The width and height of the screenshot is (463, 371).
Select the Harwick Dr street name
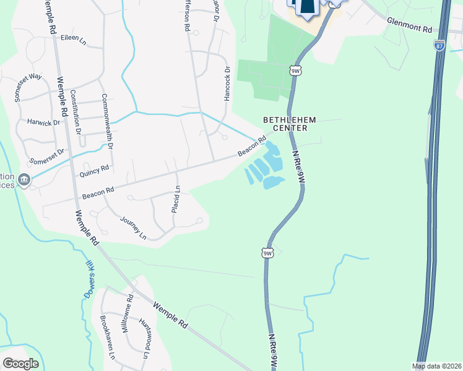[x=43, y=122]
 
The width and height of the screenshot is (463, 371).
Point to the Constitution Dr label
[x=75, y=112]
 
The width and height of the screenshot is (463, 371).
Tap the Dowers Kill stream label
[x=88, y=279]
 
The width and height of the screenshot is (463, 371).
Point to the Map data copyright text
[x=437, y=366]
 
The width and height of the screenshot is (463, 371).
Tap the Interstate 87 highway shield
[x=439, y=46]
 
